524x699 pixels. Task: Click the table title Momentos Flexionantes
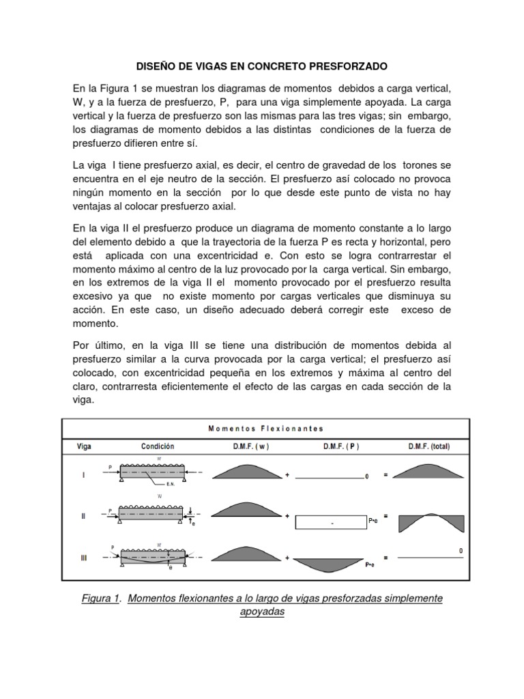(x=266, y=428)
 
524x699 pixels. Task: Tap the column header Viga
(x=83, y=446)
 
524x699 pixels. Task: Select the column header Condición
(x=158, y=446)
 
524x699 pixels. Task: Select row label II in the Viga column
(x=83, y=517)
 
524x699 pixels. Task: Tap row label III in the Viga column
(x=83, y=558)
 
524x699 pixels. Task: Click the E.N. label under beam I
(x=171, y=484)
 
